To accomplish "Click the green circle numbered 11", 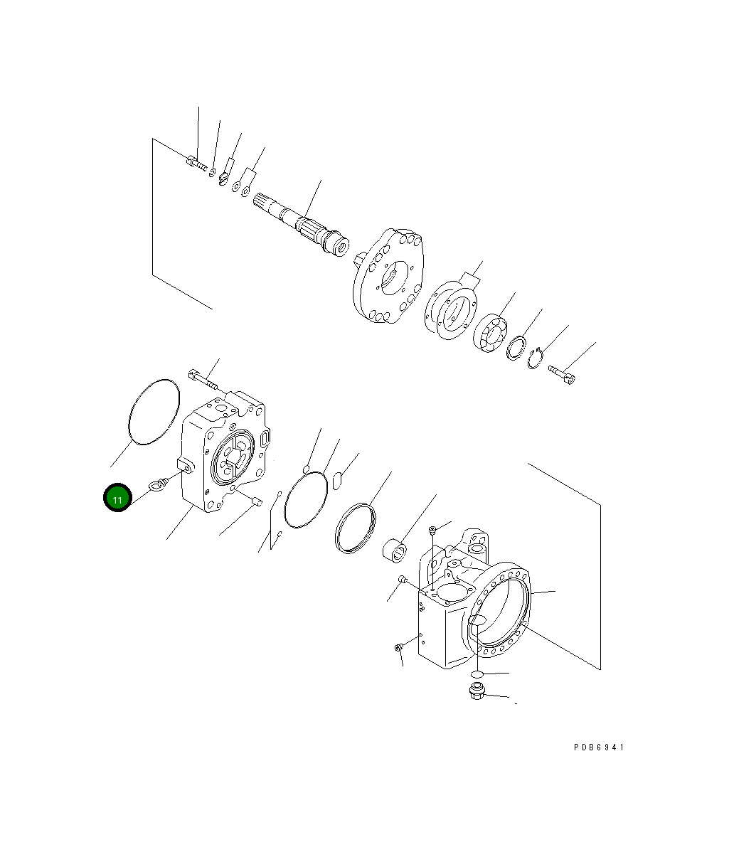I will click(117, 498).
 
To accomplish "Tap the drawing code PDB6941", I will click(599, 747).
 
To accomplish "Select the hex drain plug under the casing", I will click(477, 691).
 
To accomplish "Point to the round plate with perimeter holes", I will click(390, 277).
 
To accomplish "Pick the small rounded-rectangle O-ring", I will click(338, 481).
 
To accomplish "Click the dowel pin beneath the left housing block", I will click(257, 503).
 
